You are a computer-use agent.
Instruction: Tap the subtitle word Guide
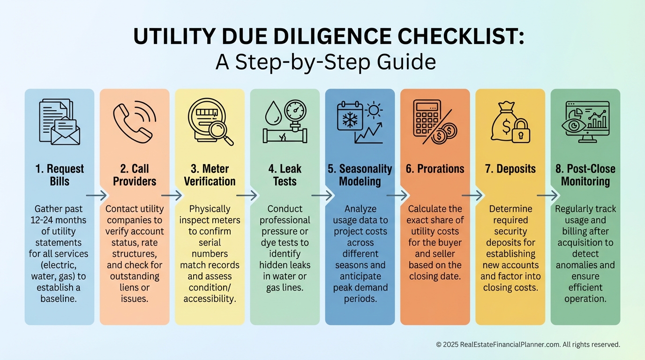[x=406, y=61]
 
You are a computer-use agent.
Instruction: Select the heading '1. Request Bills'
[x=60, y=175]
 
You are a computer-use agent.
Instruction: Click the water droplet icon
[x=273, y=113]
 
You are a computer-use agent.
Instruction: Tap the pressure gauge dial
[x=295, y=111]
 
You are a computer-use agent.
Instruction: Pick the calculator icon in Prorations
[x=427, y=118]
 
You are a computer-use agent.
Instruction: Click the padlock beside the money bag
[x=521, y=131]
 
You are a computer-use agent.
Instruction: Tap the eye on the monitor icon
[x=574, y=125]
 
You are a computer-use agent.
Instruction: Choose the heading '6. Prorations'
[x=435, y=169]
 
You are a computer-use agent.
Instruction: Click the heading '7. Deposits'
[x=510, y=169]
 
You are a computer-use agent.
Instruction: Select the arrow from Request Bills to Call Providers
[x=97, y=195]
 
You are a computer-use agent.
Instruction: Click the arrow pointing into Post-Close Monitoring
[x=547, y=195]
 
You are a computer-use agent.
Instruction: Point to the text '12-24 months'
[x=59, y=220]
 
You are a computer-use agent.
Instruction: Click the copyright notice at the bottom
[x=528, y=345]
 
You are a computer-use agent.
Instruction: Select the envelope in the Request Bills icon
[x=65, y=133]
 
